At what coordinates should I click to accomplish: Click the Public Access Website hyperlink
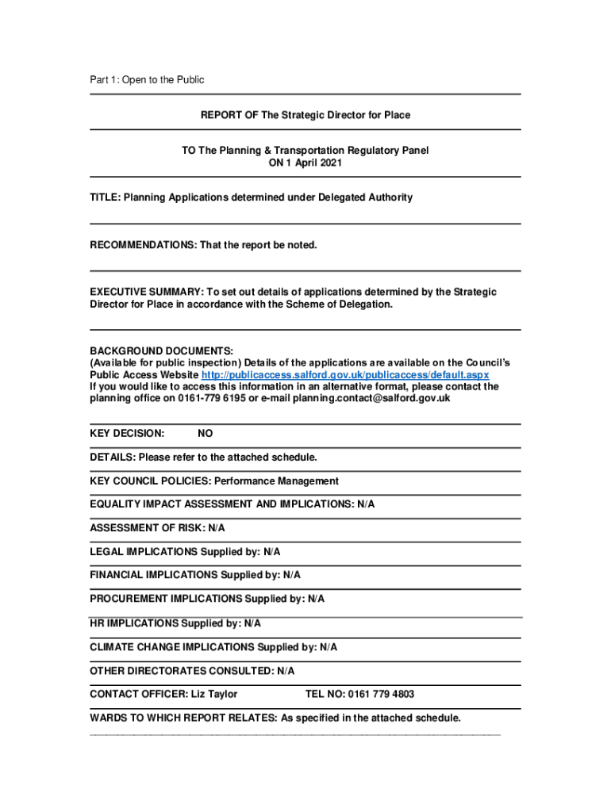(x=345, y=374)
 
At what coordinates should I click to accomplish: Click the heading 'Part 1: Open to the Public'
(x=147, y=79)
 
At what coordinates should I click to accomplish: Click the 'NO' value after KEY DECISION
(x=205, y=434)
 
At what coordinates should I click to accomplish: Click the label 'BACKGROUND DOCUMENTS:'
(x=161, y=350)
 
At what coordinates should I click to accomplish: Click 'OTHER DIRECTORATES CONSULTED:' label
(x=182, y=671)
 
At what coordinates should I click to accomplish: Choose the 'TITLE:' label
(x=104, y=197)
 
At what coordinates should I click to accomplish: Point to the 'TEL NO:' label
(x=325, y=694)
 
